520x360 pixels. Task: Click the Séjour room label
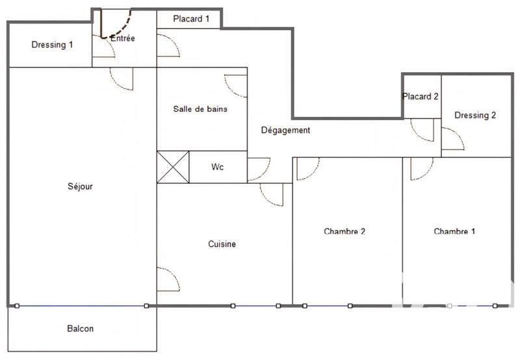coord(81,186)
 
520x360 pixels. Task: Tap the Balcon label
coord(81,329)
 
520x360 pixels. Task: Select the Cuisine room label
coord(222,244)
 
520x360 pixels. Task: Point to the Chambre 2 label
coord(344,231)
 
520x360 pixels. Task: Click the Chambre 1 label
coord(454,231)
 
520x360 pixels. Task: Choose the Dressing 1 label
coord(53,45)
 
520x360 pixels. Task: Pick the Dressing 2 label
coord(475,116)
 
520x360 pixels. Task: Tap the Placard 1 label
coord(191,19)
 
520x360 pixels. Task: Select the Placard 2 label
coord(421,97)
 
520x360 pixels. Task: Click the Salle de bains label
coord(200,109)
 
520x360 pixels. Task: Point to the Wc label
coord(218,167)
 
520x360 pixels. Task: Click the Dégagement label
coord(285,130)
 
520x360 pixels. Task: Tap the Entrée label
coord(123,38)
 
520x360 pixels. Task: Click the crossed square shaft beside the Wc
coord(173,167)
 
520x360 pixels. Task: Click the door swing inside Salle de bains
coord(236,85)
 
